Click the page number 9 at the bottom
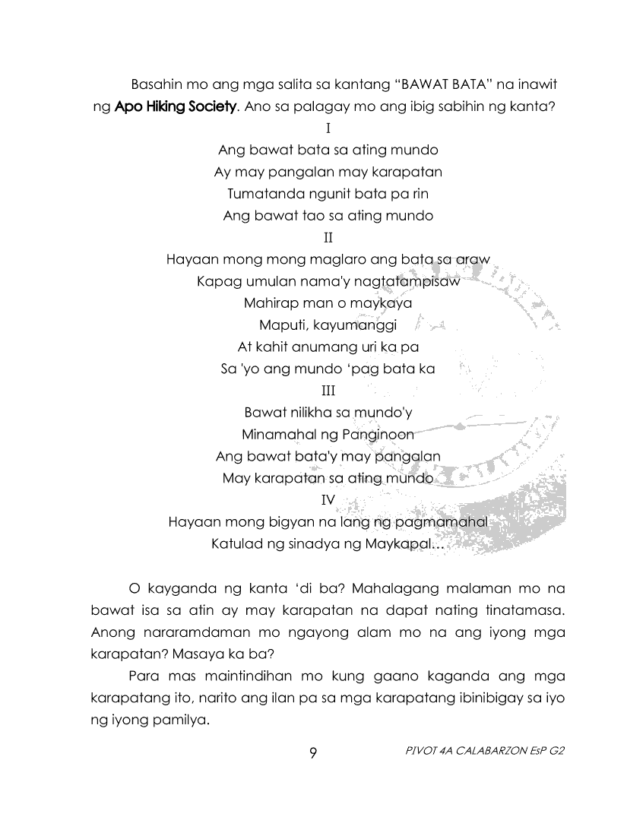tap(313, 753)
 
